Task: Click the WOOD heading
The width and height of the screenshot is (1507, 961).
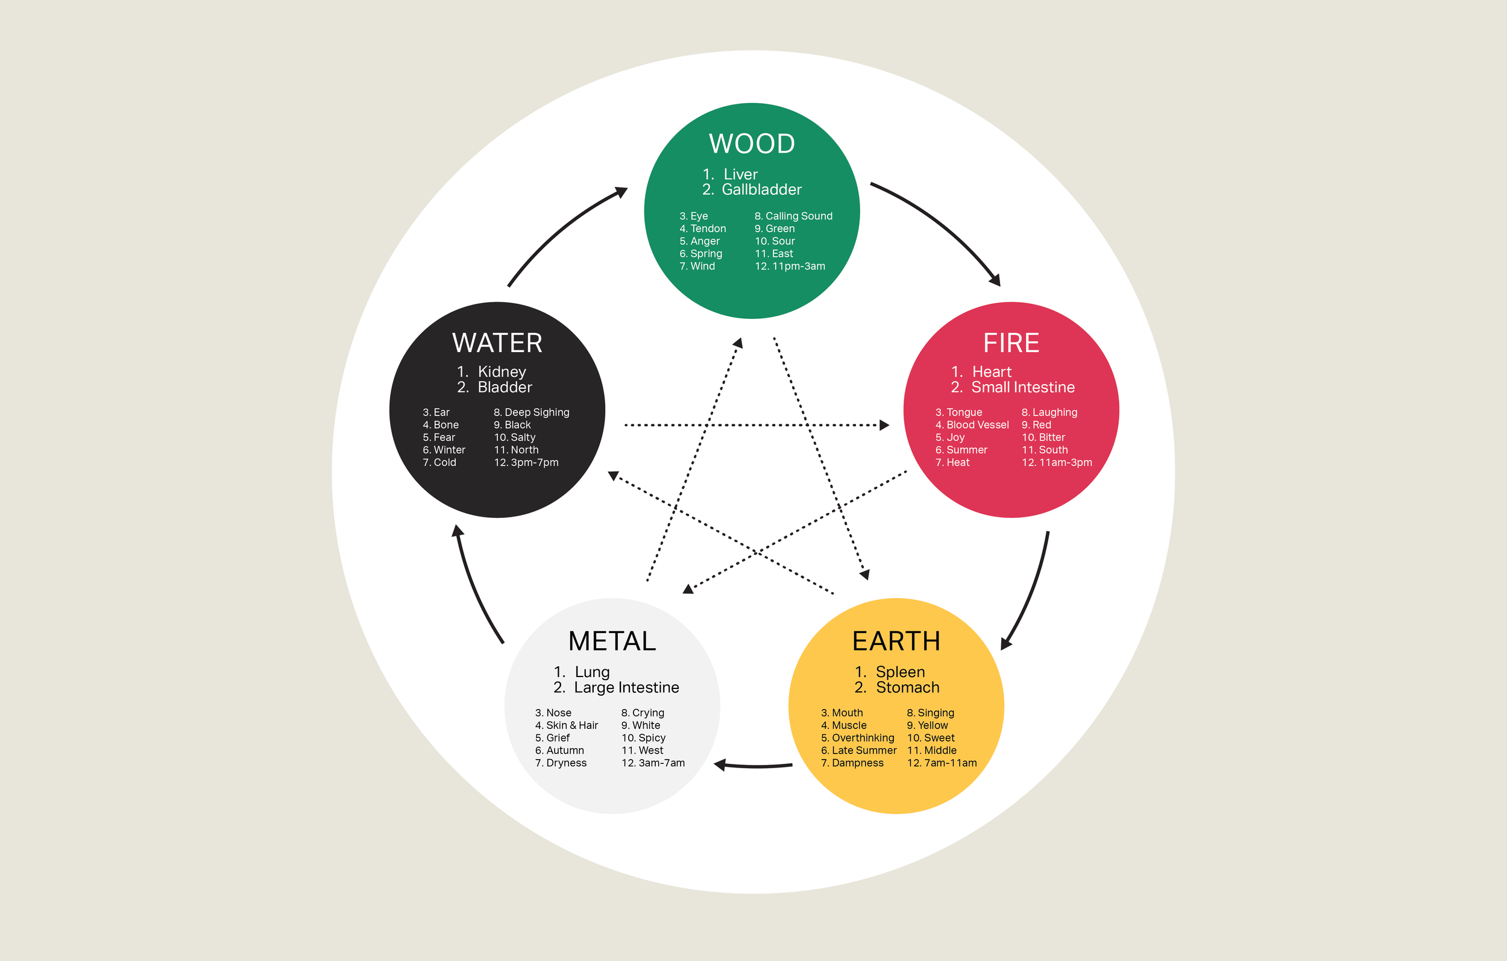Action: (x=752, y=144)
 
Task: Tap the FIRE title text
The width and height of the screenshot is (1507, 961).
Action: (x=1011, y=343)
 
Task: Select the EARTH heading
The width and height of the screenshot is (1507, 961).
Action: (x=896, y=641)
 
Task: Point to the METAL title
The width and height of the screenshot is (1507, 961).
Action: (x=612, y=641)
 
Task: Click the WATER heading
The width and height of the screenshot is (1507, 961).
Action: (x=497, y=343)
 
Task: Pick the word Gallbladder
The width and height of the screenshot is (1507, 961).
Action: (x=761, y=190)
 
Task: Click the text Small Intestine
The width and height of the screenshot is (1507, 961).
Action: (x=1022, y=388)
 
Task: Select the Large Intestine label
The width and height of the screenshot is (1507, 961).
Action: (x=626, y=687)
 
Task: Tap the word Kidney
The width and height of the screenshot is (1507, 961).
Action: (x=502, y=372)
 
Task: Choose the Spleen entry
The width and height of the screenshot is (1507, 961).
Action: (x=900, y=672)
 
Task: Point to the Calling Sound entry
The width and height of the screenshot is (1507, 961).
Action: (x=799, y=216)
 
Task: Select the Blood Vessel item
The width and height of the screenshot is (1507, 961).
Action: (x=977, y=425)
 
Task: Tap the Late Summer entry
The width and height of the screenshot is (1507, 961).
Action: (x=864, y=750)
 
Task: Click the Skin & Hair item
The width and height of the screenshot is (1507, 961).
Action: (x=571, y=725)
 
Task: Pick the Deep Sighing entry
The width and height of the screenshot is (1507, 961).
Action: (x=536, y=412)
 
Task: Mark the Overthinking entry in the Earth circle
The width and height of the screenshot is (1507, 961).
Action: (x=863, y=737)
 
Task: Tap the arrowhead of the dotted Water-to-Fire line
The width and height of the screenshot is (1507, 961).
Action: (x=884, y=425)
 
